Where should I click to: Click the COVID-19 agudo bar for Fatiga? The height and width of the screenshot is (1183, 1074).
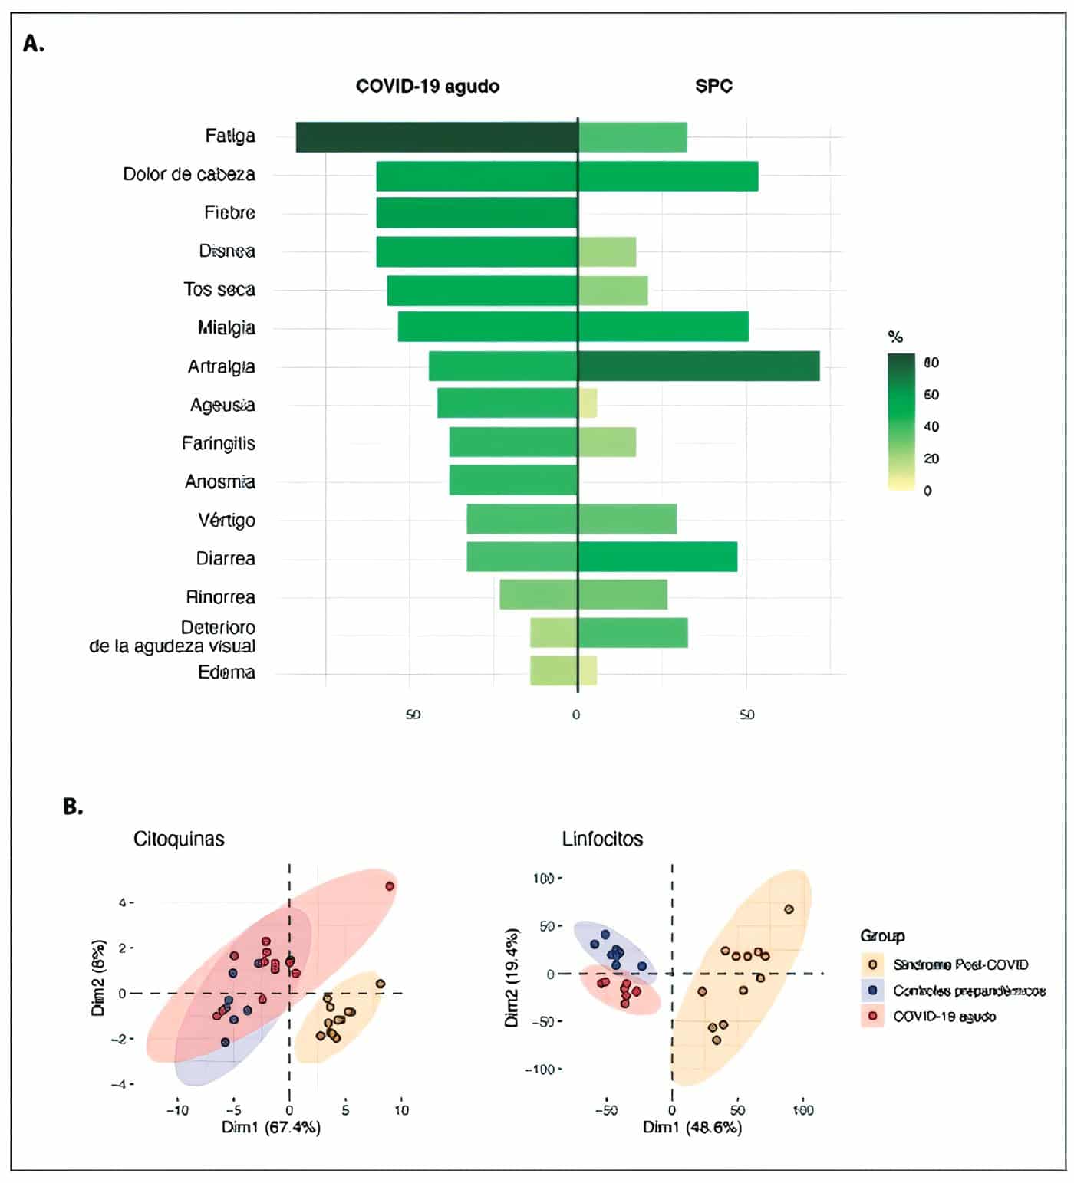point(437,137)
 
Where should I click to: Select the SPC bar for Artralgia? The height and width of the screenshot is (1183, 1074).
point(699,366)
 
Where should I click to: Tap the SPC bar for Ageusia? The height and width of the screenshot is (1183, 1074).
point(588,403)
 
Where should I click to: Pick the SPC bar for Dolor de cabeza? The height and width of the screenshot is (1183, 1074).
point(668,176)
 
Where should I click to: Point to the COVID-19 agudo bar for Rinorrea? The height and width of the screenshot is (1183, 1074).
point(539,595)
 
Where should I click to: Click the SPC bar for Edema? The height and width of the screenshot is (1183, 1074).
point(588,671)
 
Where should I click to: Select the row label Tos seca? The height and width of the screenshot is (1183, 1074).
point(219,290)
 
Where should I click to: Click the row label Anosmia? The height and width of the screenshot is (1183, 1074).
point(220,481)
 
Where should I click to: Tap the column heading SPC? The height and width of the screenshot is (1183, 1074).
point(713,86)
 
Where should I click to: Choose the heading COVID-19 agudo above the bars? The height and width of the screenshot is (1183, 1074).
point(427,86)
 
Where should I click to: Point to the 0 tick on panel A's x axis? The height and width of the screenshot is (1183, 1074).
point(576,715)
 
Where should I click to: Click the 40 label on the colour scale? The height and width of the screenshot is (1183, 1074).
point(931,426)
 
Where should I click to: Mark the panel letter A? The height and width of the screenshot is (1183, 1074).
point(34,44)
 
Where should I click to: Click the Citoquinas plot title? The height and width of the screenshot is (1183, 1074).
point(179,839)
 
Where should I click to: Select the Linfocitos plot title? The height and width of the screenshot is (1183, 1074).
point(602,839)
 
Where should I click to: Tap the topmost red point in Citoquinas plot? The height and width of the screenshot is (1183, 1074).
point(390,886)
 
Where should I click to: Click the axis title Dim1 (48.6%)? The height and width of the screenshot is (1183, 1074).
point(692,1127)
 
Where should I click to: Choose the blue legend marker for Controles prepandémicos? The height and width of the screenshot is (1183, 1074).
point(872,991)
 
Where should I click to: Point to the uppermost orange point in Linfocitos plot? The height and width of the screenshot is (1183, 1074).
point(789,909)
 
